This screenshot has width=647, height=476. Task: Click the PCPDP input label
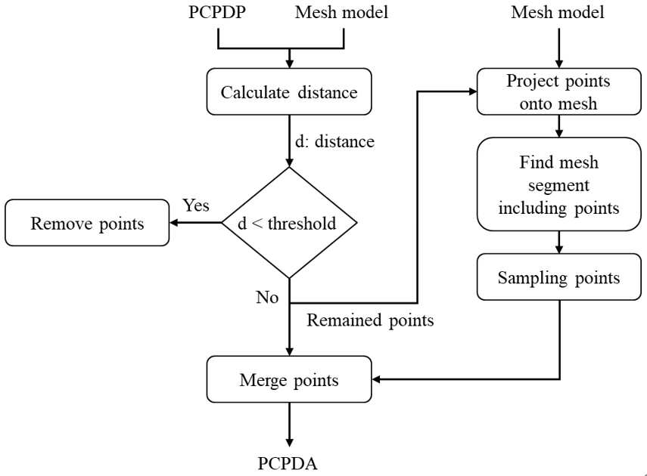coord(217,12)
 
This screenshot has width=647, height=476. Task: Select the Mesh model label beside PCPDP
coord(341,12)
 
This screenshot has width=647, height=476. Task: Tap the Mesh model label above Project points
coord(558,12)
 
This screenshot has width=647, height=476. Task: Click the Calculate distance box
coord(289,91)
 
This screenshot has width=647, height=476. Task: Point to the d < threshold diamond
coord(289,223)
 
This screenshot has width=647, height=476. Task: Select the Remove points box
coord(87,223)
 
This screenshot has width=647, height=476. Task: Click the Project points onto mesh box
coord(558,91)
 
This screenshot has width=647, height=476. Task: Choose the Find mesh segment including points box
coord(558,184)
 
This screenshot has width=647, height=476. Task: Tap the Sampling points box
coord(558,277)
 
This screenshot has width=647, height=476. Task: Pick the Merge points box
coord(289,379)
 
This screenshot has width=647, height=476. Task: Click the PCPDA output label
coord(288,463)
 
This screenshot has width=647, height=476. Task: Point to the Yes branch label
coord(196,205)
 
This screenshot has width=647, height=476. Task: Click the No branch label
coord(267,297)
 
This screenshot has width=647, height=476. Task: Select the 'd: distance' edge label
coord(334,141)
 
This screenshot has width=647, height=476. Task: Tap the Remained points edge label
coord(370,320)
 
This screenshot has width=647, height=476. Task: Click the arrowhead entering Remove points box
coord(174,223)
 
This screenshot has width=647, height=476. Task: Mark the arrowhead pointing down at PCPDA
coord(289,442)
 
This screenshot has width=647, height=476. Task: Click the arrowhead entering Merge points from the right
coord(376,379)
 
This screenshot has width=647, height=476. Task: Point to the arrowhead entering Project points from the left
coord(472,91)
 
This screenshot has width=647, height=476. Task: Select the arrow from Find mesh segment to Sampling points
coord(559,243)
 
